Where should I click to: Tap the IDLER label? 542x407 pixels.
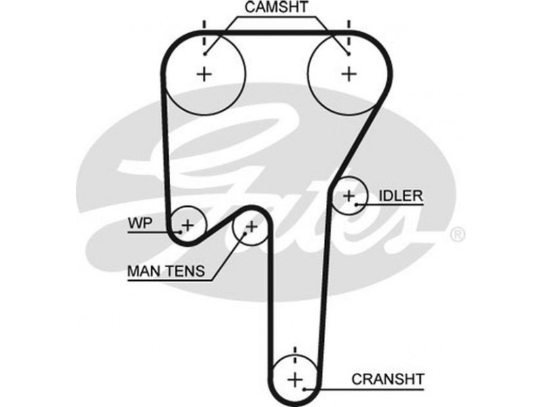(400, 196)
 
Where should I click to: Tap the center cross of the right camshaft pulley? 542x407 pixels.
(348, 73)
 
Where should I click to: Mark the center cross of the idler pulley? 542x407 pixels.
(349, 195)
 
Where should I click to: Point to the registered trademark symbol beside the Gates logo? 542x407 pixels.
(457, 235)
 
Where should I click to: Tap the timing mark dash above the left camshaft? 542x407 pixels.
(203, 31)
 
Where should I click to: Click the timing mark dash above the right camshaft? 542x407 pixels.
(348, 31)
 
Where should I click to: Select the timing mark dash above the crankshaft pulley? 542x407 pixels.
(295, 353)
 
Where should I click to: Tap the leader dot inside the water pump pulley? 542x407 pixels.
(180, 231)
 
